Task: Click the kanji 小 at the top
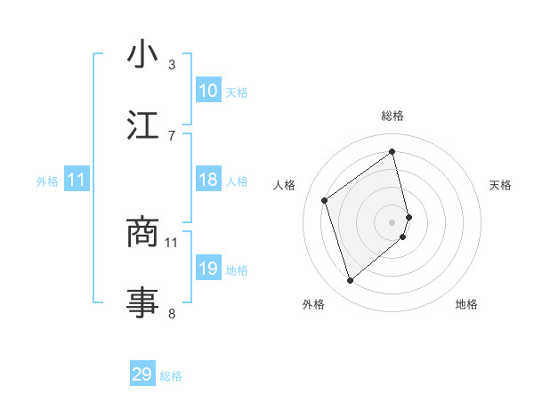click(142, 56)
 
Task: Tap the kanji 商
click(142, 232)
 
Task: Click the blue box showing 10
click(208, 91)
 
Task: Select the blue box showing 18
click(208, 180)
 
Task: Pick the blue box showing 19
click(208, 269)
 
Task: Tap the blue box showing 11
click(77, 180)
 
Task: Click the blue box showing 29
click(142, 374)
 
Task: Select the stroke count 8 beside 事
click(172, 313)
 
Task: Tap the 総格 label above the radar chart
click(392, 116)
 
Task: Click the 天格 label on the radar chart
click(500, 185)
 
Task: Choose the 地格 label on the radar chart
click(466, 304)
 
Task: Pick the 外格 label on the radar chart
click(313, 304)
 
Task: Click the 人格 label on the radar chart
click(285, 185)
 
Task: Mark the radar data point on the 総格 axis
click(392, 151)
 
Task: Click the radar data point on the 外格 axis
click(350, 281)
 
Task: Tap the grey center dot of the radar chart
click(392, 221)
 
